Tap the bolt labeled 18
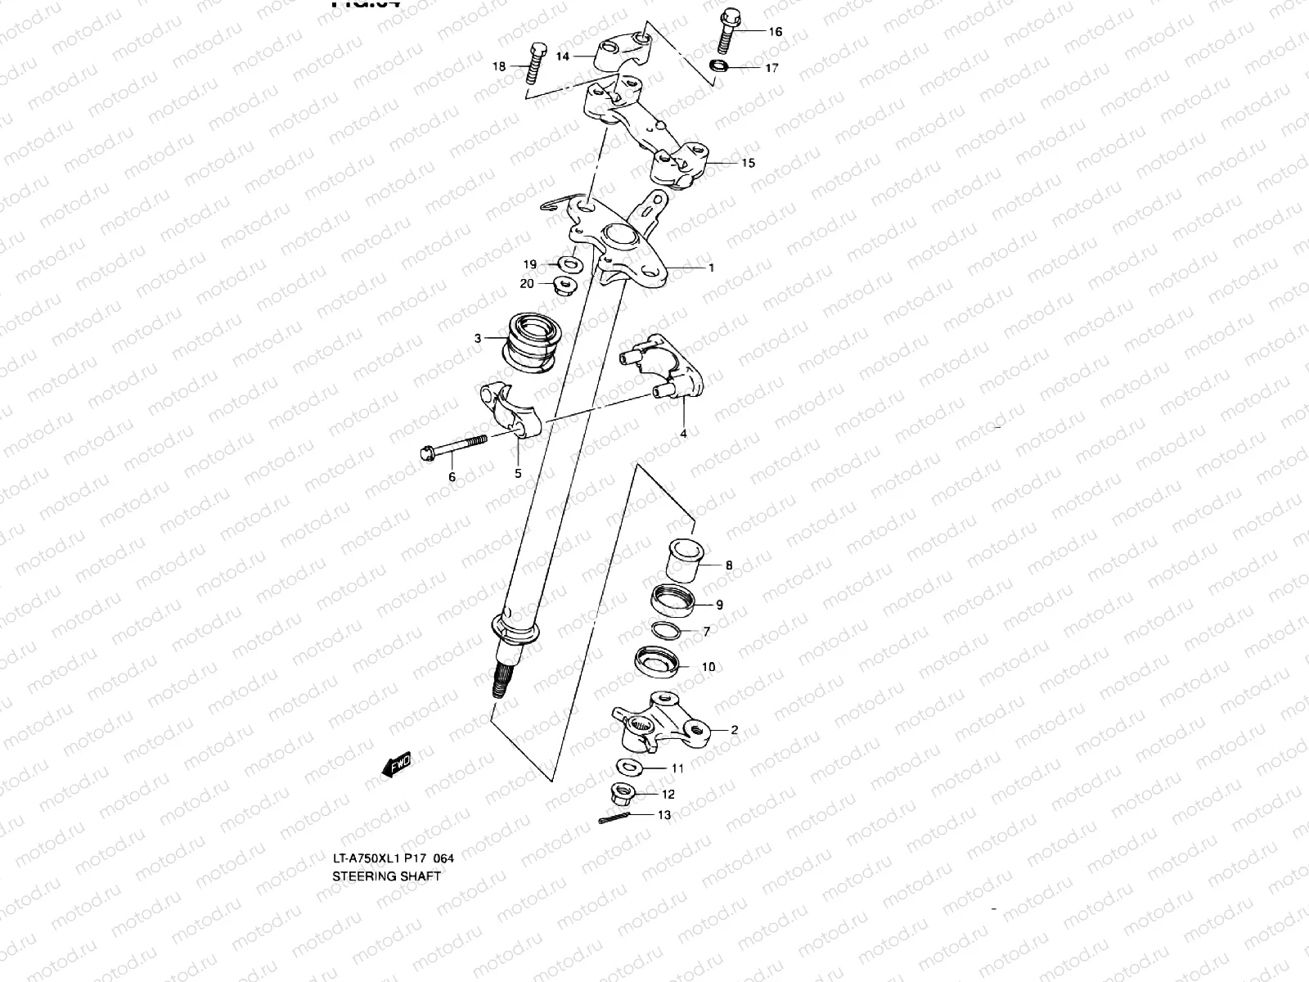click(533, 65)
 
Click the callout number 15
click(748, 163)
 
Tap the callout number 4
click(684, 434)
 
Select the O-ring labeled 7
click(667, 631)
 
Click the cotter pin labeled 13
click(614, 818)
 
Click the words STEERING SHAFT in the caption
click(386, 876)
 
